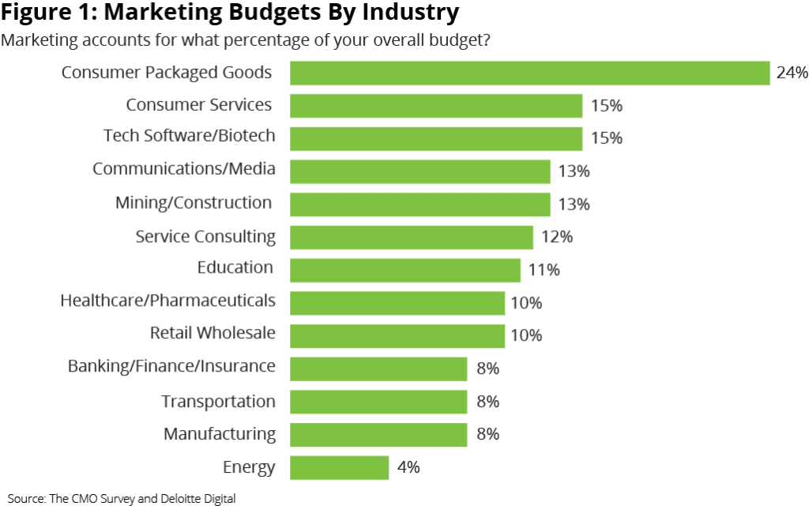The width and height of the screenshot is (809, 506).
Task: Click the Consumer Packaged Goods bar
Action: point(529,73)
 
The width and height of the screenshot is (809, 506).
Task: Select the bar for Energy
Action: point(339,467)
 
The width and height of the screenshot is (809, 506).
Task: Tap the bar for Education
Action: point(404,270)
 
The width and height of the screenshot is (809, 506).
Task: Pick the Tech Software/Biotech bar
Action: point(435,138)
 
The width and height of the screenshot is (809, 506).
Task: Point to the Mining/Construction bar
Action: point(420,204)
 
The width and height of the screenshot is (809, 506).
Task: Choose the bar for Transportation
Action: point(378,402)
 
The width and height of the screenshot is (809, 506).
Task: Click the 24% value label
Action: point(792,73)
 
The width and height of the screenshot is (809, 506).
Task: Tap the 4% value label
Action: point(408,467)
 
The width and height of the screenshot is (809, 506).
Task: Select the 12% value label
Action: point(557,236)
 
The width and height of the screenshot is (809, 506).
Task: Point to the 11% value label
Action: point(544,270)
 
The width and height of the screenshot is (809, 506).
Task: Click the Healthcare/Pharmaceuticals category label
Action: point(167,300)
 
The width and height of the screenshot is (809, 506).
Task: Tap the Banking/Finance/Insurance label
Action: point(171,366)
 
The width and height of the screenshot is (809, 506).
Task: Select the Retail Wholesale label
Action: point(213,333)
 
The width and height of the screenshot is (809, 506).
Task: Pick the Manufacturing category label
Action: point(220,434)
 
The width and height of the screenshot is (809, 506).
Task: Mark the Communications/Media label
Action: point(184,168)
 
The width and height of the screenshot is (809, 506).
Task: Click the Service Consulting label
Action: point(205,236)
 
